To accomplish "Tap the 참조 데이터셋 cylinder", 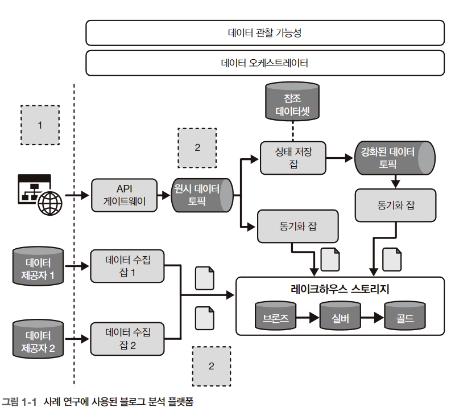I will point(292,103).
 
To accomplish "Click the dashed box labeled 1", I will point(40,125).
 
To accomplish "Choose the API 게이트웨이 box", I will point(123,195).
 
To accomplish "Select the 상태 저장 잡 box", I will point(293,158).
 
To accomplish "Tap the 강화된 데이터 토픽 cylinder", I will point(395,158).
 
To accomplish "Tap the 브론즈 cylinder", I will point(276,317).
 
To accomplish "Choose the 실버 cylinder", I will point(340,317).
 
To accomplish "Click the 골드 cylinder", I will point(406,317).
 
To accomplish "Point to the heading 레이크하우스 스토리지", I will point(340,289).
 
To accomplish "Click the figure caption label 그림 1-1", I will point(19,402).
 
